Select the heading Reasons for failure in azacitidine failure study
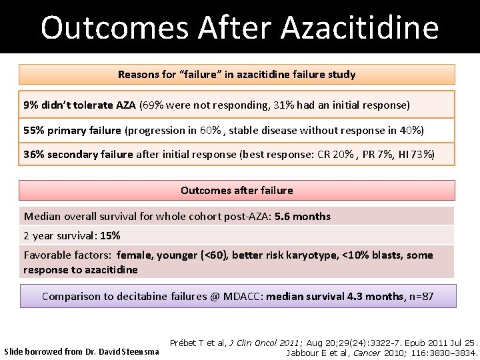tap(237, 75)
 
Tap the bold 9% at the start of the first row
tap(31, 105)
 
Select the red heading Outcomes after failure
tap(237, 190)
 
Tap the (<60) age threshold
tap(226, 255)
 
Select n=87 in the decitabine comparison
tap(420, 296)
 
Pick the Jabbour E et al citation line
tap(381, 351)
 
